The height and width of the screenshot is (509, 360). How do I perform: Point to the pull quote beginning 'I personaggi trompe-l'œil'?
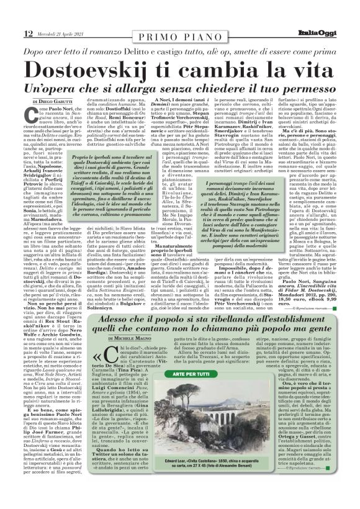click(x=283, y=202)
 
